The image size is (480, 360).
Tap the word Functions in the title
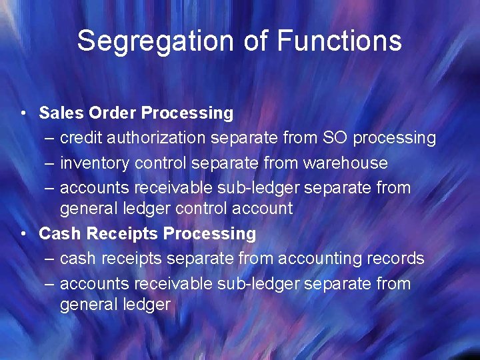(x=339, y=41)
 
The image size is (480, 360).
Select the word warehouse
(x=345, y=163)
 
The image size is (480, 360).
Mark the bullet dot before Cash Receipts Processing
(x=23, y=234)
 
